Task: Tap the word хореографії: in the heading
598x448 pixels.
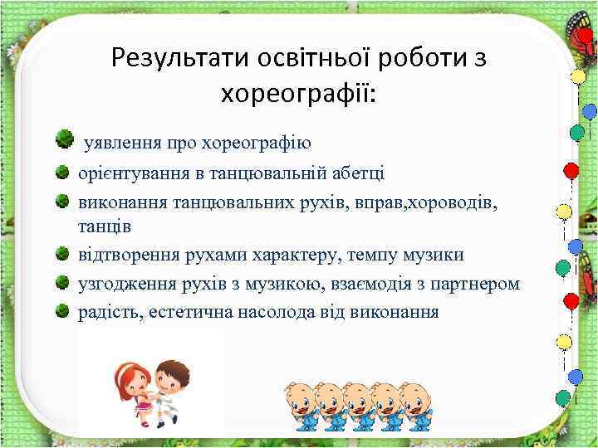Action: coord(298,94)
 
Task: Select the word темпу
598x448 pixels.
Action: coord(360,255)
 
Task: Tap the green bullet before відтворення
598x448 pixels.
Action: coord(62,253)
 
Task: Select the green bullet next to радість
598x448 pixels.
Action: coord(62,311)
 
